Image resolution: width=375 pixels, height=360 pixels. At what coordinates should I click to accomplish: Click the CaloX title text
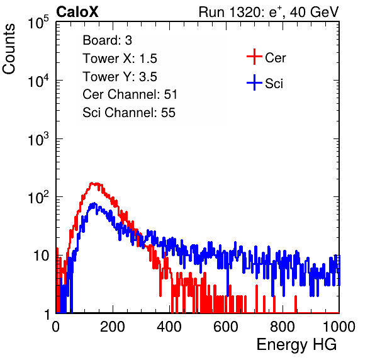tap(77, 12)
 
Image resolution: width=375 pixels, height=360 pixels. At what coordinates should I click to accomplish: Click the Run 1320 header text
tap(269, 12)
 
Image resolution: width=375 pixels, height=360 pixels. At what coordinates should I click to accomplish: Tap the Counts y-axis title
tap(9, 49)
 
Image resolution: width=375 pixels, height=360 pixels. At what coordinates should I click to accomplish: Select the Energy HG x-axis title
tap(296, 345)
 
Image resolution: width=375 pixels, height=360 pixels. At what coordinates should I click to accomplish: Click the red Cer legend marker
tap(254, 57)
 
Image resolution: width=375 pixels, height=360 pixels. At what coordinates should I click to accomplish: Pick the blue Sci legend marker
tap(254, 82)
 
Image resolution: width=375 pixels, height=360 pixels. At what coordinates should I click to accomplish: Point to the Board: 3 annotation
tap(107, 40)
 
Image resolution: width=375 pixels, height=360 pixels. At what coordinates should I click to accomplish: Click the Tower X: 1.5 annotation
tap(120, 59)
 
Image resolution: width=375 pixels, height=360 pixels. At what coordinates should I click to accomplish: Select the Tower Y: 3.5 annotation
tap(120, 77)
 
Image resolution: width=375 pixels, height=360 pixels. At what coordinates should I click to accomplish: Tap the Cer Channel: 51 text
tap(130, 94)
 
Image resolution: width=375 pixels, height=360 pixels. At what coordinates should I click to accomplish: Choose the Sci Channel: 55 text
tap(129, 113)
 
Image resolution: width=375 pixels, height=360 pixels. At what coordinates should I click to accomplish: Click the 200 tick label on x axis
tap(113, 327)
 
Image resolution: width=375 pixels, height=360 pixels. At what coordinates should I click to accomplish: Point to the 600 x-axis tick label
tap(226, 327)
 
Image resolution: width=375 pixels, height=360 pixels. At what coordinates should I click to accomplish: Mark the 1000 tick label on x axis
tap(339, 327)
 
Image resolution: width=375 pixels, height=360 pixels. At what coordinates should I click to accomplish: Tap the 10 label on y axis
tap(42, 256)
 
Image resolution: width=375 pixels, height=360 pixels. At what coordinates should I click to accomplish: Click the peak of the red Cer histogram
tap(92, 183)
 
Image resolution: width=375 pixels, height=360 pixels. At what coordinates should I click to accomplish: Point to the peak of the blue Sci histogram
tap(94, 203)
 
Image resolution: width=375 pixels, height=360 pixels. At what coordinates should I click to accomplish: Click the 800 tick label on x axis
tap(283, 327)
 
